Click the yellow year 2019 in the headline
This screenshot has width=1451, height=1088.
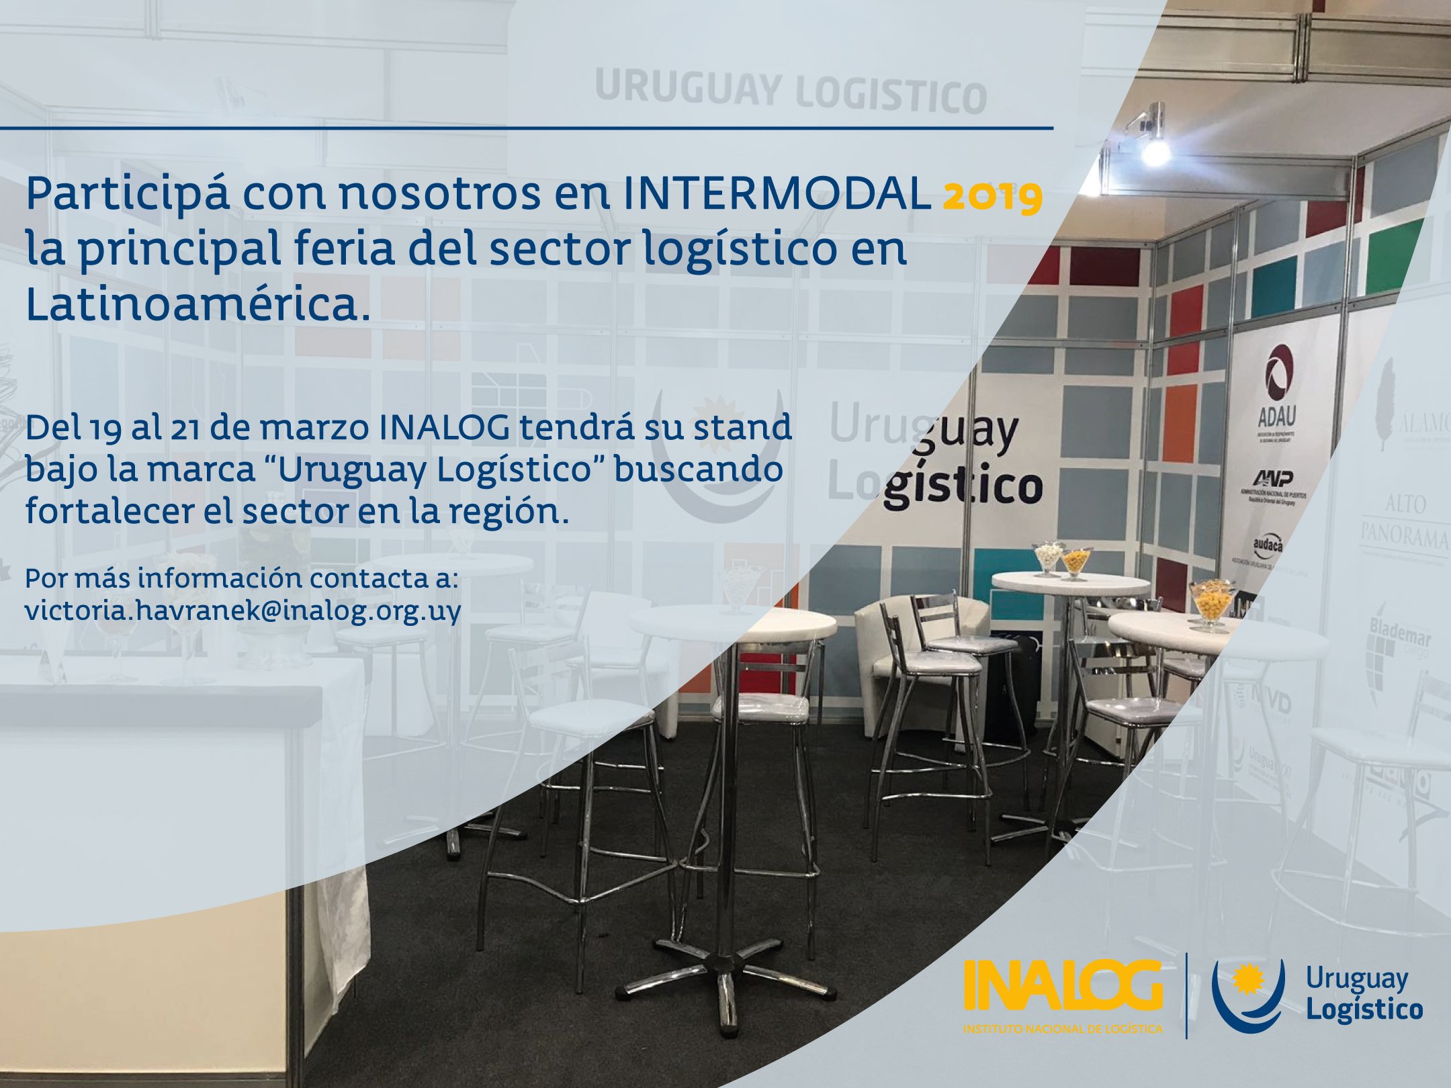click(993, 196)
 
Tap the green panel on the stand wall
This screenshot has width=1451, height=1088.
click(1393, 256)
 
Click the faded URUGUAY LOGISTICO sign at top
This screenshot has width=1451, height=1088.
click(789, 93)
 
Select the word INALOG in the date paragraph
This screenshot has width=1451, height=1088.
click(443, 428)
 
